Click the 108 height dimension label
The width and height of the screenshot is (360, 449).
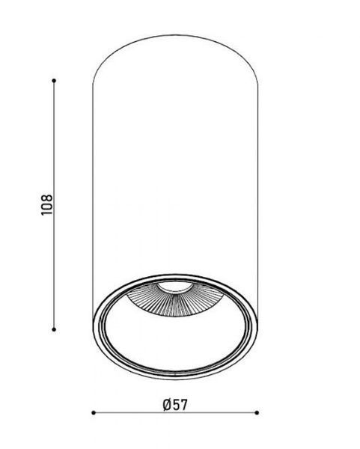point(47,205)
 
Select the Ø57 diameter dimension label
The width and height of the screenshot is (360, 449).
point(175,405)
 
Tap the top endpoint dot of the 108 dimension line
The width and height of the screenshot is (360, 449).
point(54,81)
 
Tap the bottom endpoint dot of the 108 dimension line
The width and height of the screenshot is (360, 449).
point(54,329)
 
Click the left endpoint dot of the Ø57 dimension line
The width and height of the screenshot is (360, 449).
point(94,412)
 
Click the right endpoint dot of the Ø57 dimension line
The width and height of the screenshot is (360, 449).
point(257,412)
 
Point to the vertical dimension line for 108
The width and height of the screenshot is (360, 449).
point(54,205)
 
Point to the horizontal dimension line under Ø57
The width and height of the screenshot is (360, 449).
point(175,412)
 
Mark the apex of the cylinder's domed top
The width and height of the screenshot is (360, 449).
point(175,35)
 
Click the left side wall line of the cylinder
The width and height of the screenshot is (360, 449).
point(93,201)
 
